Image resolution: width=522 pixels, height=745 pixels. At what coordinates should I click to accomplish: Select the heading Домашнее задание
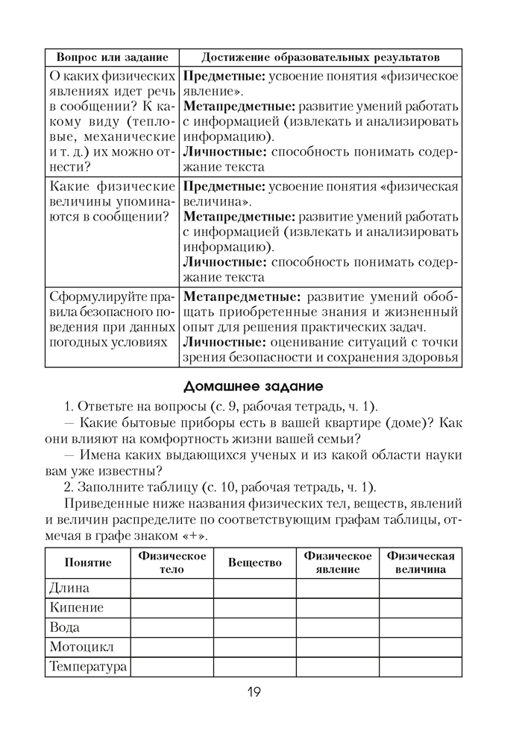point(253,387)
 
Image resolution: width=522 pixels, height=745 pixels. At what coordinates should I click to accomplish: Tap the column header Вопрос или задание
point(112,57)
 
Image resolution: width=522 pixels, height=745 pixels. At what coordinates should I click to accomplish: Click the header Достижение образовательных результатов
point(320,57)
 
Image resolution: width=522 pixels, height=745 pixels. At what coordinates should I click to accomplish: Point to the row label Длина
point(69,589)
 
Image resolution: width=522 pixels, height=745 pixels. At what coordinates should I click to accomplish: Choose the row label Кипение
point(77,608)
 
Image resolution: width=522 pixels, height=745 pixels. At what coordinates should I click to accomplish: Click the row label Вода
point(65,627)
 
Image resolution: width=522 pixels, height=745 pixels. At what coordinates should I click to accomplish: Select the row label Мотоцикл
point(81,647)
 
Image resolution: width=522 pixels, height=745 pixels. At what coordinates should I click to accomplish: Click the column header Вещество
point(255,562)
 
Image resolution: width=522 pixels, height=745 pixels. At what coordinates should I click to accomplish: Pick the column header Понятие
point(88,562)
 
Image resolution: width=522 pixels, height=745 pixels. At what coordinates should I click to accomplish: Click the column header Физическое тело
point(172,562)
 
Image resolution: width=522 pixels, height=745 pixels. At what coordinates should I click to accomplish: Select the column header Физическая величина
point(421,562)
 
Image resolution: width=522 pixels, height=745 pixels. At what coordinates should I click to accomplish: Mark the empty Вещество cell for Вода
point(255,627)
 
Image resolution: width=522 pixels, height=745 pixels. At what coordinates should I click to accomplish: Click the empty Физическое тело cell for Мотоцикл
point(172,647)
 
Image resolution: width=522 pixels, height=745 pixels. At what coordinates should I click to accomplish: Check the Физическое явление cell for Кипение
point(338,608)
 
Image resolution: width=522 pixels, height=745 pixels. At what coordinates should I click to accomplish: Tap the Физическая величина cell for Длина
point(421,589)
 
